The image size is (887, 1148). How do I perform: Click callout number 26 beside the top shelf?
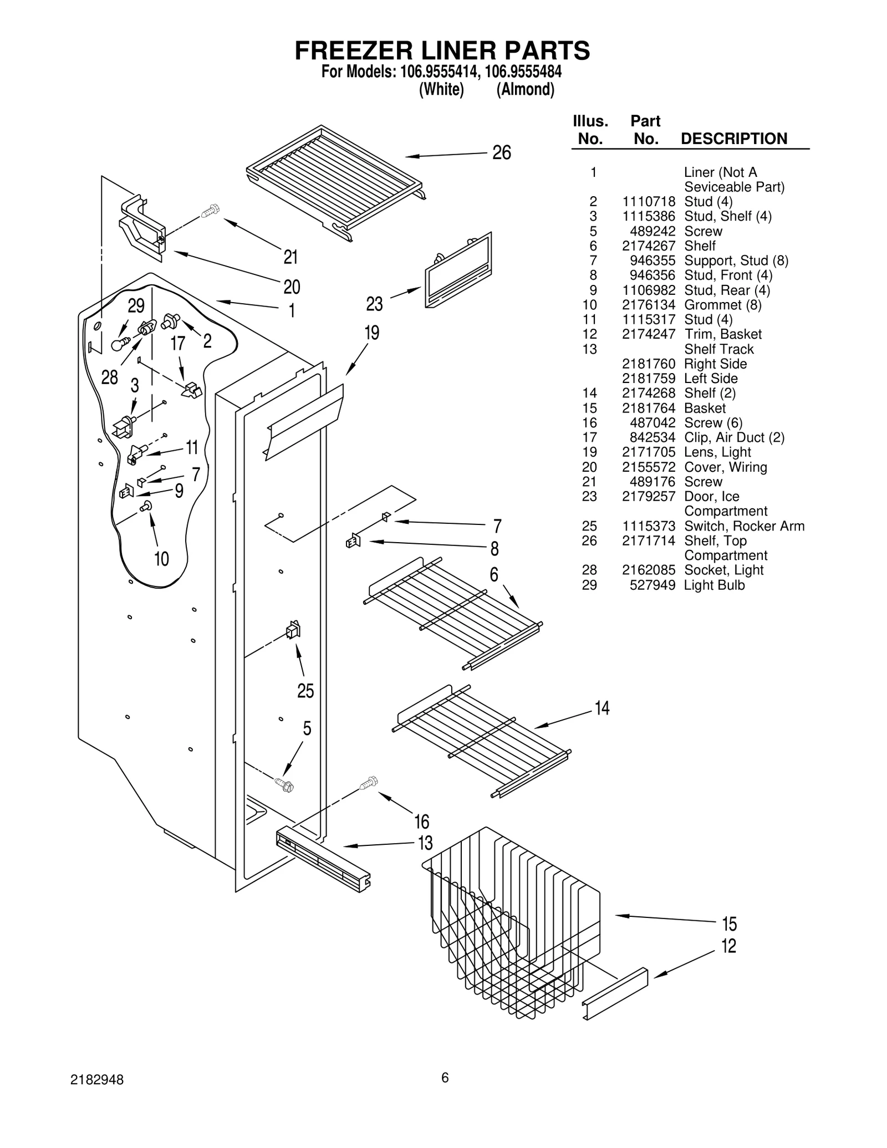pyautogui.click(x=501, y=152)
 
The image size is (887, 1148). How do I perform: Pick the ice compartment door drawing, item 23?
pyautogui.click(x=458, y=269)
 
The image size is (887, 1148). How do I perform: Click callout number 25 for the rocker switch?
pyautogui.click(x=305, y=691)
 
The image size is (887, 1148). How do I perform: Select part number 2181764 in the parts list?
pyautogui.click(x=648, y=408)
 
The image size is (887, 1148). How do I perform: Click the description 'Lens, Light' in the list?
pyautogui.click(x=717, y=452)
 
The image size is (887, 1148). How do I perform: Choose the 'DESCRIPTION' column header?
pyautogui.click(x=733, y=139)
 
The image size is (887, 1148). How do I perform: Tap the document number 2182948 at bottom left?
pyautogui.click(x=97, y=1080)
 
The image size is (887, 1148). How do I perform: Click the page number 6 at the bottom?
pyautogui.click(x=445, y=1077)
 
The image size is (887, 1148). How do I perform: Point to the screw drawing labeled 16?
pyautogui.click(x=369, y=782)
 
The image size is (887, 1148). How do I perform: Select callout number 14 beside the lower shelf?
pyautogui.click(x=601, y=708)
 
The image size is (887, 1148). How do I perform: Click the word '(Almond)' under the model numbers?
pyautogui.click(x=525, y=89)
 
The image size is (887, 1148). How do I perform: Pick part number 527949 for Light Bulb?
pyautogui.click(x=652, y=585)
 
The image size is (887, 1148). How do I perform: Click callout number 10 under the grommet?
pyautogui.click(x=161, y=558)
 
